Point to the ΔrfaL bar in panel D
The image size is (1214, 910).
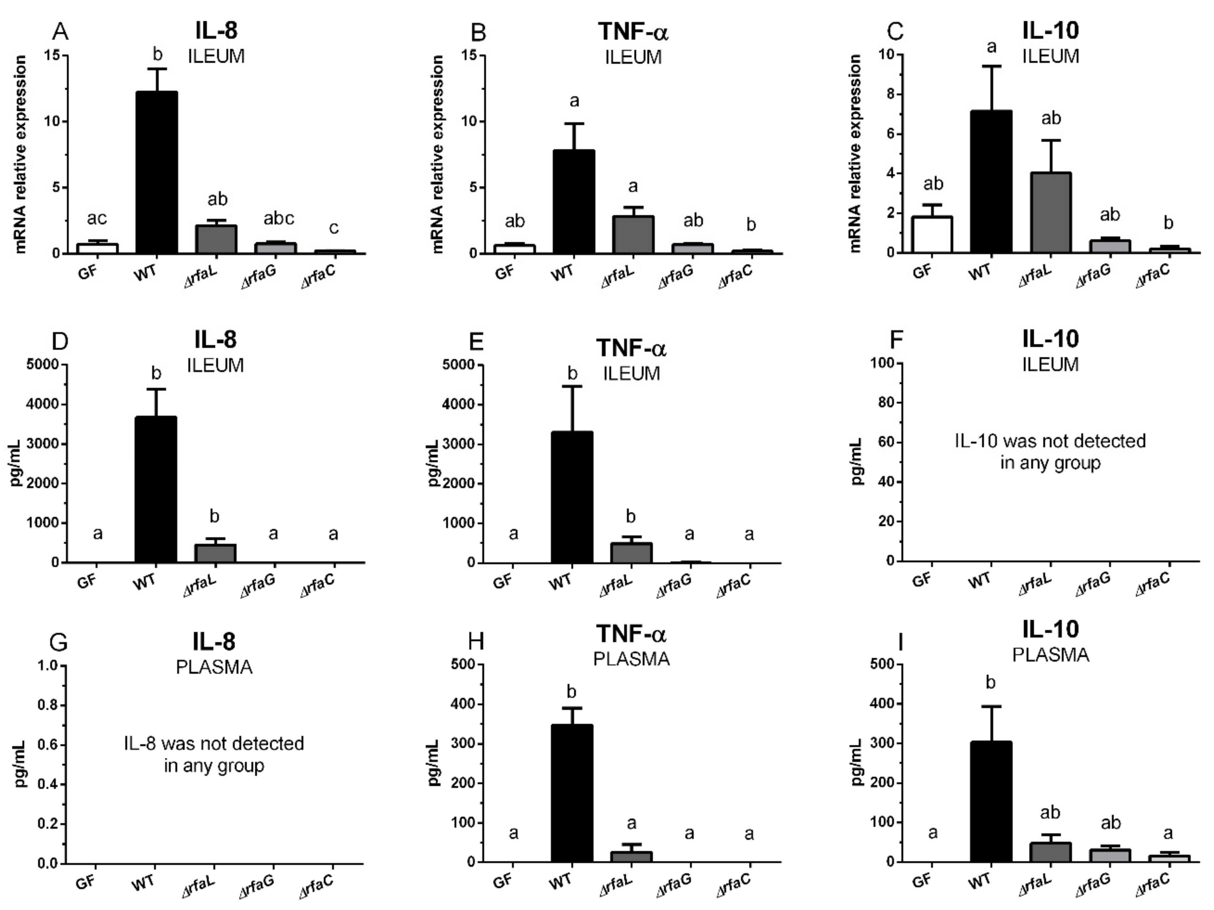215,554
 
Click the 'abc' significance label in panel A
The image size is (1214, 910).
279,218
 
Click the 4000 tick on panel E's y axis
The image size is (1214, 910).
461,405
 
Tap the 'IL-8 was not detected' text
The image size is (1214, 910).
213,744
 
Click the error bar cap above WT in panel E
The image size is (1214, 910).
572,387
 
